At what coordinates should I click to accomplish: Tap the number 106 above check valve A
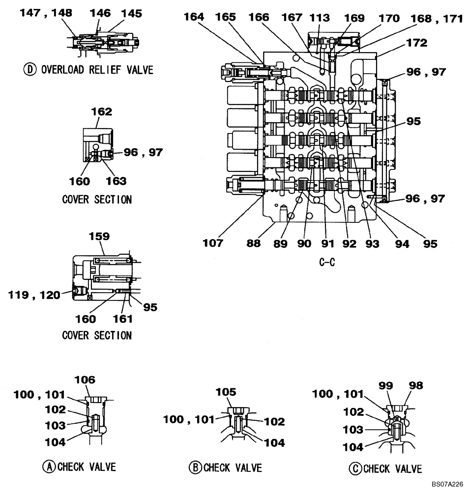[x=85, y=380]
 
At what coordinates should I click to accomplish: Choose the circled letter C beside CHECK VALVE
[x=356, y=468]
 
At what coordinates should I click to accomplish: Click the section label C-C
[x=327, y=262]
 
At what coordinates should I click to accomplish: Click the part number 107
[x=213, y=243]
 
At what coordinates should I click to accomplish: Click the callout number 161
[x=123, y=319]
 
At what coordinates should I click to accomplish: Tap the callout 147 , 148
[x=46, y=13]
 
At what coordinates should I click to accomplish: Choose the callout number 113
[x=320, y=18]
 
